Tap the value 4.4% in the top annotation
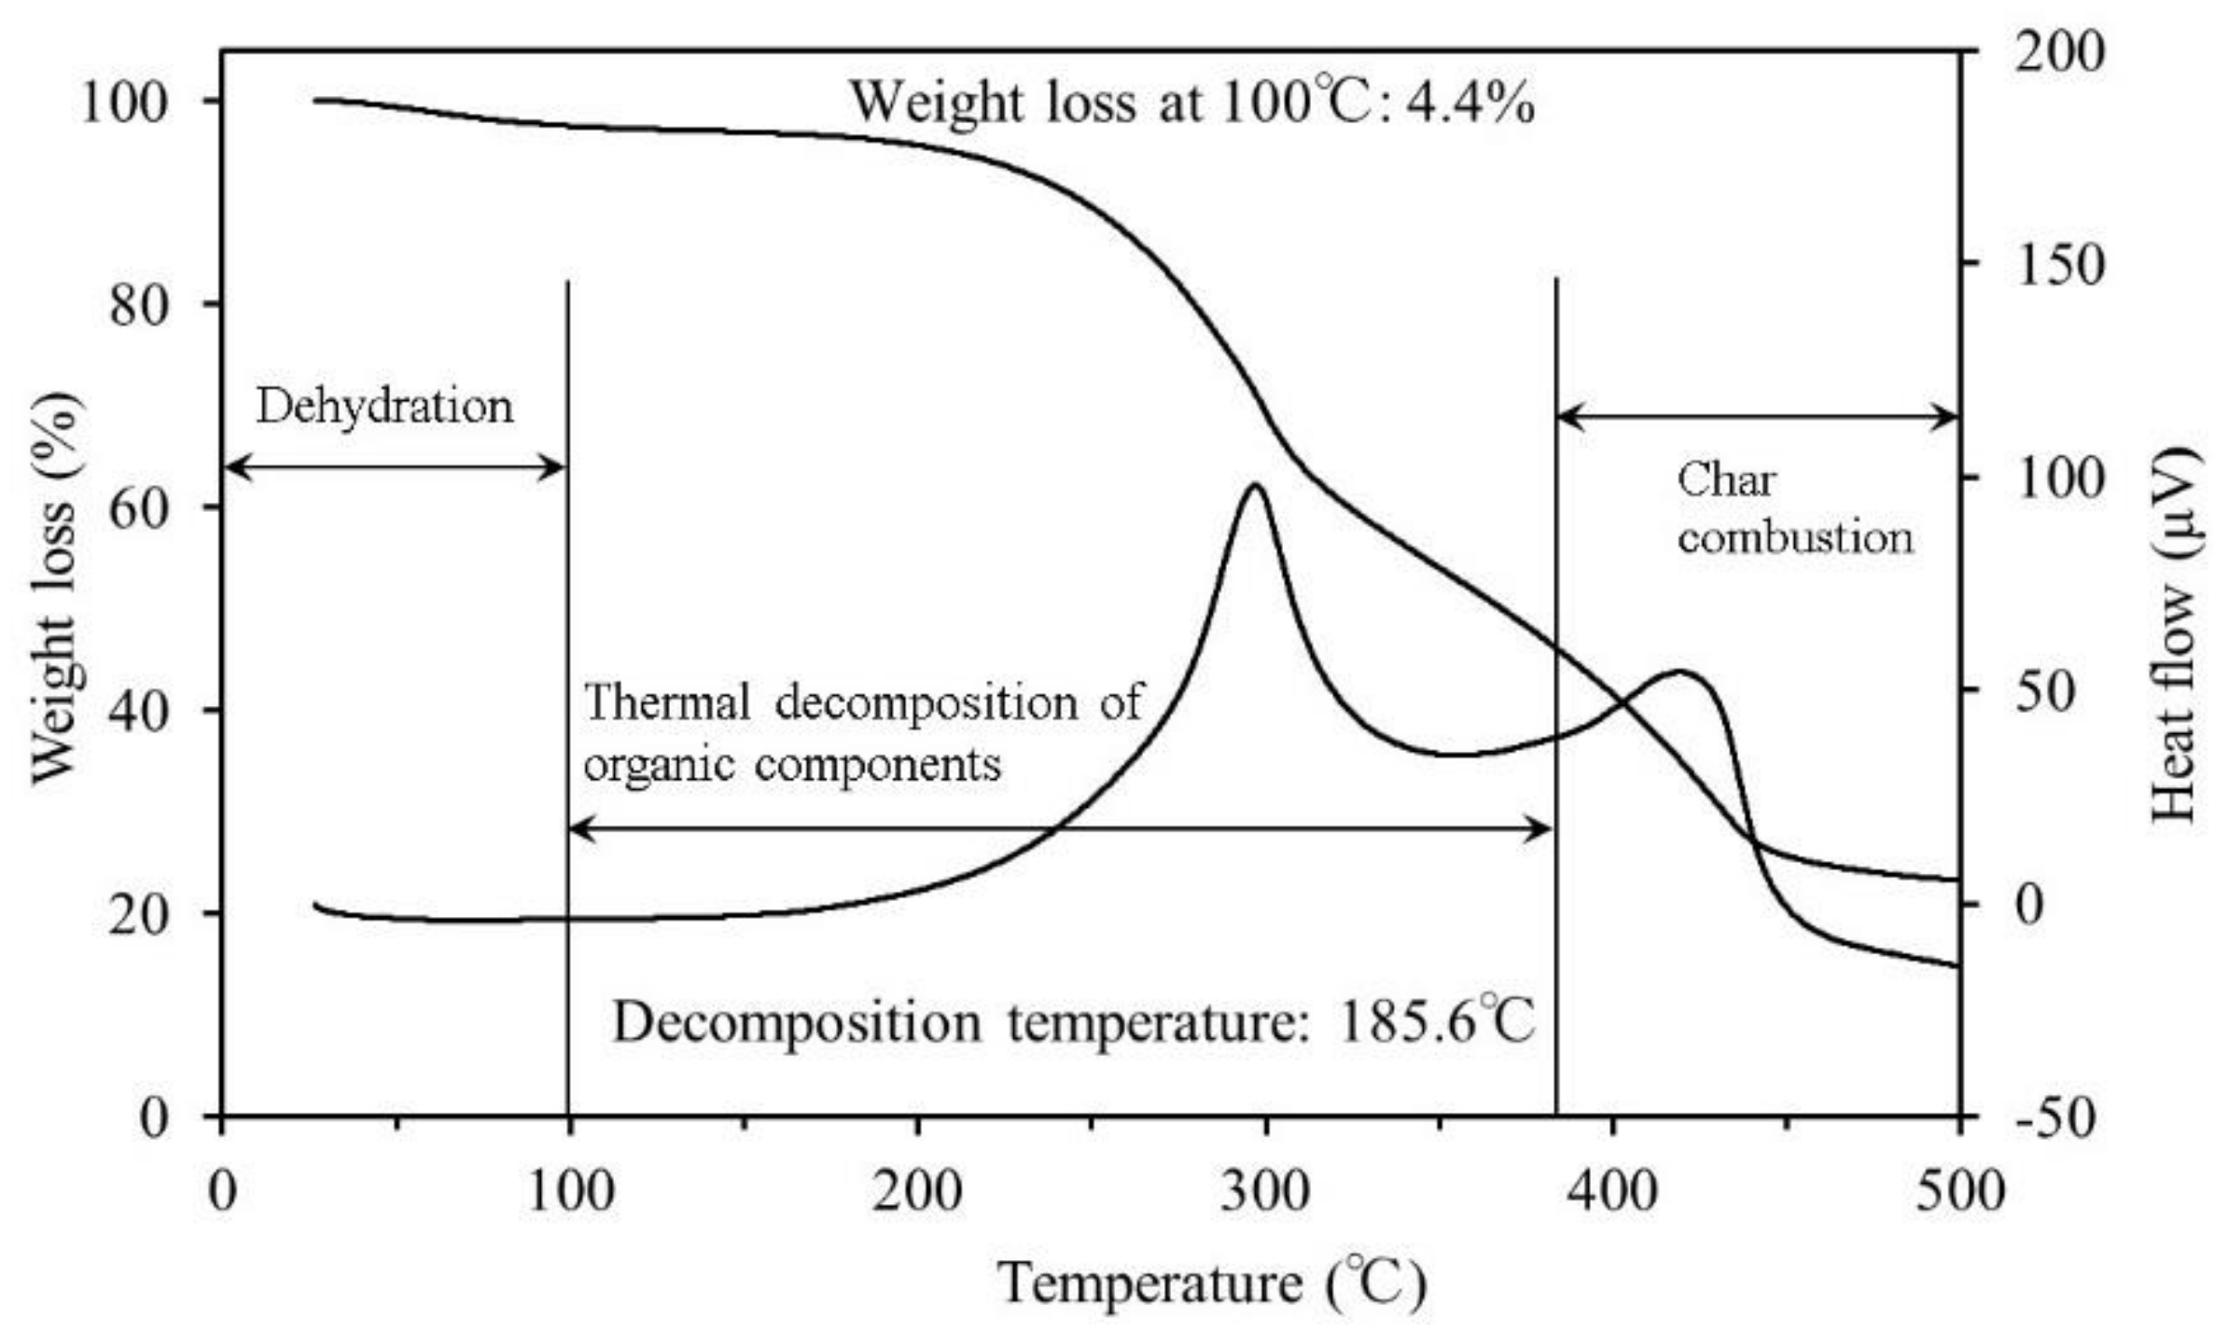pyautogui.click(x=1469, y=104)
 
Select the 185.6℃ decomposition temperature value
pyautogui.click(x=1437, y=1022)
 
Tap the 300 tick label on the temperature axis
pyautogui.click(x=1265, y=1192)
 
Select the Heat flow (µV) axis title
pyautogui.click(x=2179, y=634)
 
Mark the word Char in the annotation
pyautogui.click(x=1726, y=481)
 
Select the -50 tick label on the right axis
pyautogui.click(x=2056, y=1117)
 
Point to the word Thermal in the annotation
pyautogui.click(x=668, y=701)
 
